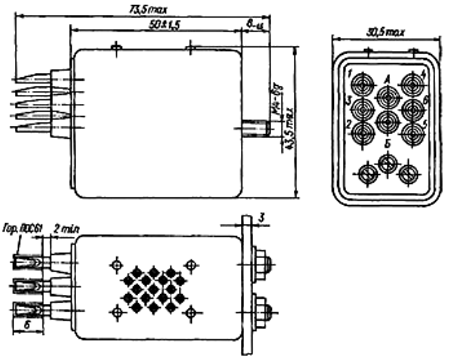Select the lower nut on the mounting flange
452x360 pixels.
click(263, 305)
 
